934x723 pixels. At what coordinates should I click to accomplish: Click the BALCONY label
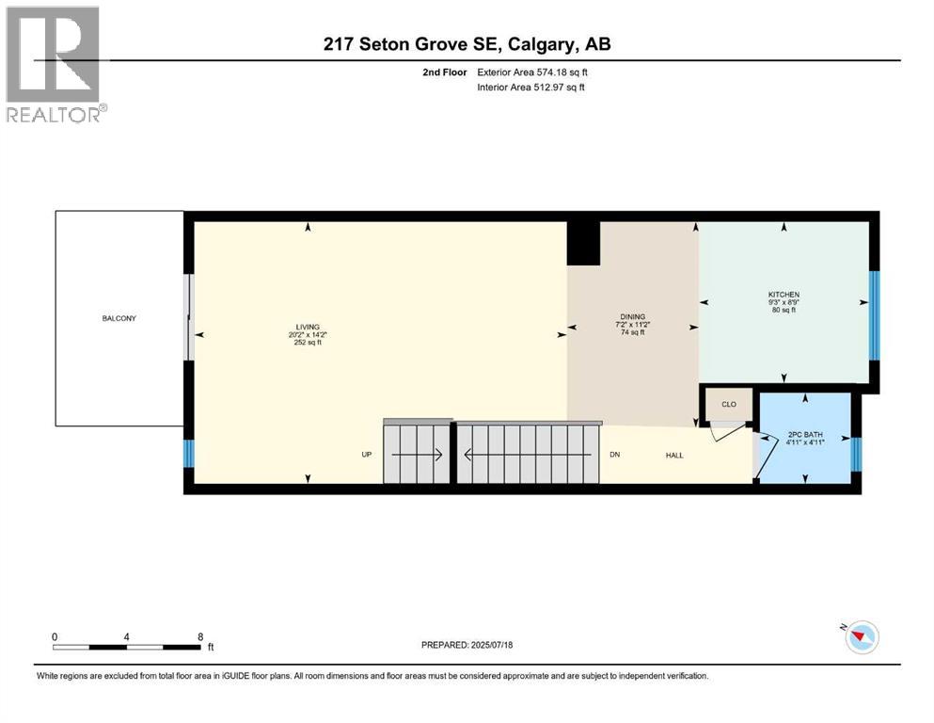119,318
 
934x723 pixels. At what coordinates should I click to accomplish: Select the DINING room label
632,317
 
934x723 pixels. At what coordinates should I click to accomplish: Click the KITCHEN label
783,295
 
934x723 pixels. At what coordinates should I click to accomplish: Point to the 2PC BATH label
805,435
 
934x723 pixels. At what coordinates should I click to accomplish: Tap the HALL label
674,456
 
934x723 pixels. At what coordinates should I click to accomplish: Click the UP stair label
368,455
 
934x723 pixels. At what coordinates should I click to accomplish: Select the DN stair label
614,455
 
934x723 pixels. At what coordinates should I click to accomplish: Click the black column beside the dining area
583,243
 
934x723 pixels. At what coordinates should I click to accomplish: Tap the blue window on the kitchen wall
873,315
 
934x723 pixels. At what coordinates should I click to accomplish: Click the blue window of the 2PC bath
855,453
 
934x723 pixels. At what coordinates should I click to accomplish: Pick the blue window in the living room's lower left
187,454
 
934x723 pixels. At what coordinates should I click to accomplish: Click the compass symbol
861,637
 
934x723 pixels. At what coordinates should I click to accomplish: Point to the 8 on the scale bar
200,636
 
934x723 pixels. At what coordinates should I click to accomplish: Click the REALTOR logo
54,64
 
